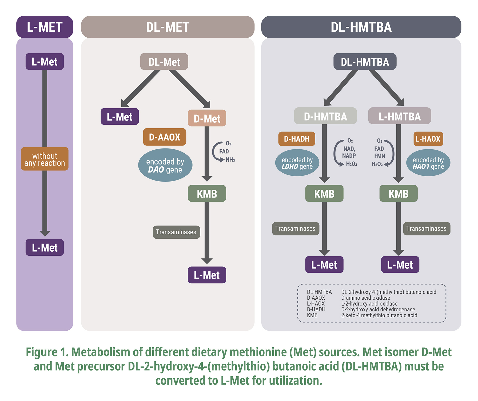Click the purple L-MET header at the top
(45, 27)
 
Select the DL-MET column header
(168, 27)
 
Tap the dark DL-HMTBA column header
(361, 27)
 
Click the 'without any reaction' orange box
(45, 159)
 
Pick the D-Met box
(207, 118)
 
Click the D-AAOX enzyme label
(164, 137)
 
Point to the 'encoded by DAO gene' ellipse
(165, 165)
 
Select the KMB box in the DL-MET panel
(207, 194)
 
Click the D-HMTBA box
(325, 116)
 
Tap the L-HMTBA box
(399, 116)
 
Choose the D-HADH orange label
(297, 139)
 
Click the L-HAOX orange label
(428, 139)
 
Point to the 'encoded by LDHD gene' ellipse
(297, 163)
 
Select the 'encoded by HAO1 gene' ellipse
(428, 163)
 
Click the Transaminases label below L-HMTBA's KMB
(426, 228)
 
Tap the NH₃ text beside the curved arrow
(230, 160)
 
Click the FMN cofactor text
(379, 156)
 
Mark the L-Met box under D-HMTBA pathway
(324, 265)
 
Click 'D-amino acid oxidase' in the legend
(365, 298)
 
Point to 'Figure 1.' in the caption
(47, 352)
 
